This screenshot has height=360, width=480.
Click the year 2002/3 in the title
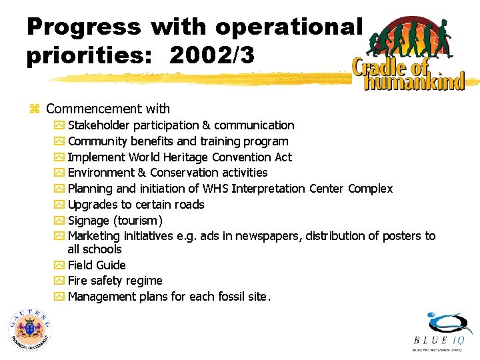click(211, 56)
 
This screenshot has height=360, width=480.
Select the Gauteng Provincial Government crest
click(29, 329)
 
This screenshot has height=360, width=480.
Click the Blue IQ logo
click(440, 332)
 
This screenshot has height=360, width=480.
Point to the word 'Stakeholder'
click(99, 125)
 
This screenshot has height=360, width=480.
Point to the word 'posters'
click(402, 236)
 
